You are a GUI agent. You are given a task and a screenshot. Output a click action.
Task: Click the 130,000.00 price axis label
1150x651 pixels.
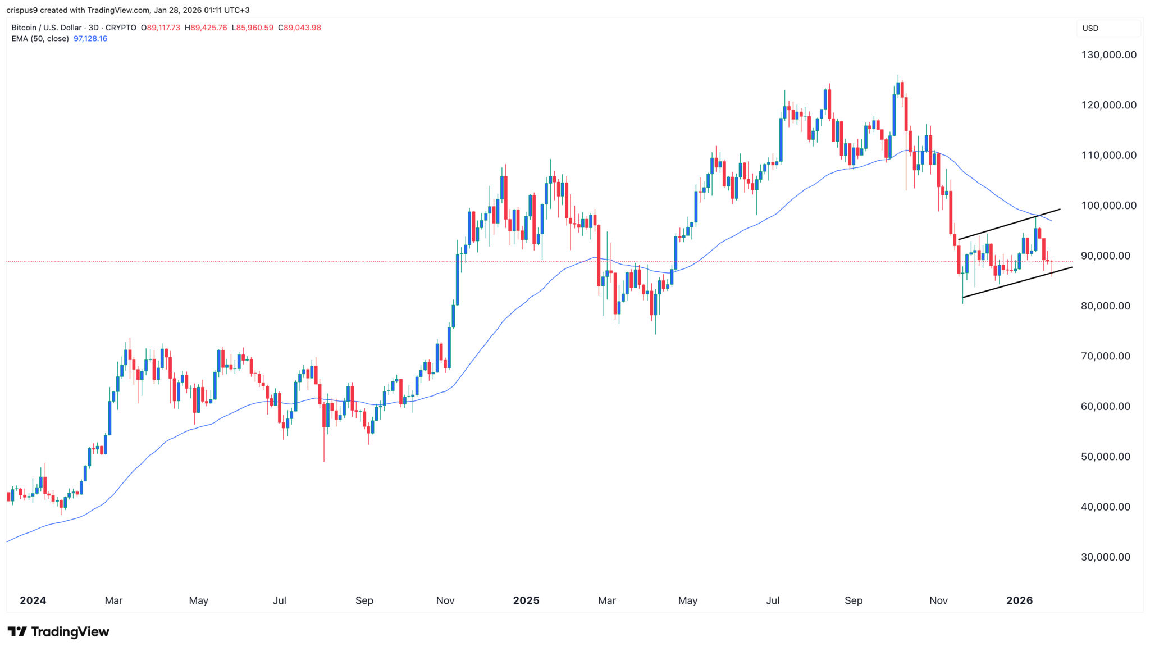coord(1108,55)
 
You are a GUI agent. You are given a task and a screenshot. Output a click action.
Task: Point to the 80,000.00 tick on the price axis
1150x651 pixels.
coord(1106,306)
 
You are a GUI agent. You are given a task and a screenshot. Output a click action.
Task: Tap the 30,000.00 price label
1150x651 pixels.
coord(1106,557)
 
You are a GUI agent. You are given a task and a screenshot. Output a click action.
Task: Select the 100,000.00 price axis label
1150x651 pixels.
coord(1108,206)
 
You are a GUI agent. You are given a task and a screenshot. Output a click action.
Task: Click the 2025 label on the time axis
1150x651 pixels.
coord(526,600)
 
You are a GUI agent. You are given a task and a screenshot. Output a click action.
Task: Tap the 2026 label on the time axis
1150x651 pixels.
coord(1019,600)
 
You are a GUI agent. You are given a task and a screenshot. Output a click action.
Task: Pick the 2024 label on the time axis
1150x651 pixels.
coord(33,600)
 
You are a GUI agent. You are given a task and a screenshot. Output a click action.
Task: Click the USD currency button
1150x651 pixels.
coord(1090,28)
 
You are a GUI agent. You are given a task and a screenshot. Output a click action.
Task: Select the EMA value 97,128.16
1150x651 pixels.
coord(90,39)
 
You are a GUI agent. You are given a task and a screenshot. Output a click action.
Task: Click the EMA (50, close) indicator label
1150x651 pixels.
coord(40,39)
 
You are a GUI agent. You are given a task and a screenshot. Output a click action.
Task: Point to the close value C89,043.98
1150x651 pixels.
coord(299,28)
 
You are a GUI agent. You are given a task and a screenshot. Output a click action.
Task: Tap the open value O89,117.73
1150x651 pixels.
coord(161,28)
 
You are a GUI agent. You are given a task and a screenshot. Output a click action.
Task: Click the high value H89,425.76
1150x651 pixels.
coord(206,28)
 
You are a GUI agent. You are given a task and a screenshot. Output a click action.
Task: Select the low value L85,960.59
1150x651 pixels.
coord(252,28)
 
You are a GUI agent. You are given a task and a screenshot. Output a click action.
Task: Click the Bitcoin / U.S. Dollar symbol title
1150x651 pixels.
coord(48,28)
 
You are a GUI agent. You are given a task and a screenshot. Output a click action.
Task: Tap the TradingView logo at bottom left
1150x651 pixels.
coord(58,632)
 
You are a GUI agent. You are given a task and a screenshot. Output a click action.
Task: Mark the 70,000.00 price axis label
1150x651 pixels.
coord(1106,356)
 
